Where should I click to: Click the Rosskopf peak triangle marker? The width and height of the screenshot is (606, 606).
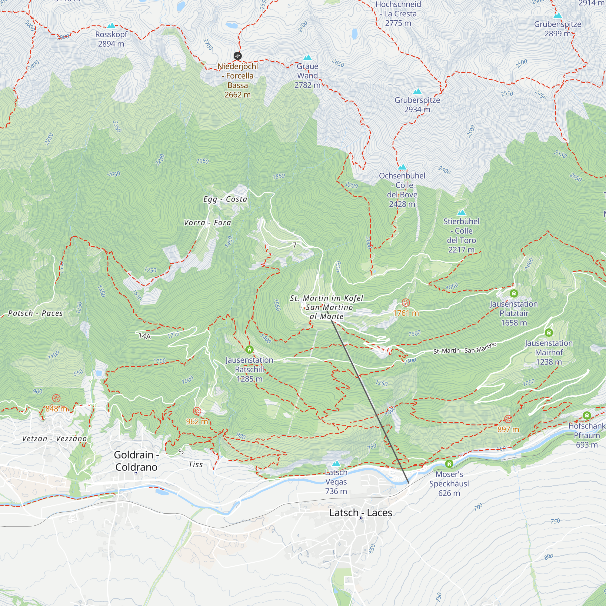tap(111, 26)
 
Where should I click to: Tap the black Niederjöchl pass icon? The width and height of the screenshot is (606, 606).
tap(238, 56)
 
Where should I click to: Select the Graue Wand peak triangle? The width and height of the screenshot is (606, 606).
tap(307, 57)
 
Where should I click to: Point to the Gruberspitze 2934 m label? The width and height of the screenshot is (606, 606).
tap(417, 105)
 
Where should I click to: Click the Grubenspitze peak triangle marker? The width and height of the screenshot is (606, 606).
tap(558, 15)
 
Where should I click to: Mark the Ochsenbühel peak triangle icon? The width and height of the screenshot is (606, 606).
tap(402, 167)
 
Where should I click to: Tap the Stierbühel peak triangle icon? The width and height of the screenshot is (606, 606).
tap(461, 213)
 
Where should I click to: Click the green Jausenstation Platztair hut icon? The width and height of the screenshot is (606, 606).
tap(514, 293)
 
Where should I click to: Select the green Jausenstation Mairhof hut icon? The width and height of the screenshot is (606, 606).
tap(549, 332)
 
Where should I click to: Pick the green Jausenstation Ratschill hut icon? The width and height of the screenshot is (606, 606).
tap(249, 349)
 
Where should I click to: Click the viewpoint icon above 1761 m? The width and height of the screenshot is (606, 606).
tap(406, 303)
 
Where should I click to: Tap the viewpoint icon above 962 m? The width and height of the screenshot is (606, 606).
tap(197, 411)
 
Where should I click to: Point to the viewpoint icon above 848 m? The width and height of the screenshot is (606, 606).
tap(56, 398)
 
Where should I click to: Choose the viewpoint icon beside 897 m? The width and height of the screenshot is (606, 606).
tap(508, 419)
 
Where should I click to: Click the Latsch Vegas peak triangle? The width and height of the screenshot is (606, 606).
tap(336, 463)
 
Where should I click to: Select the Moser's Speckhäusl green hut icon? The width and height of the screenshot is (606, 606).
tap(449, 463)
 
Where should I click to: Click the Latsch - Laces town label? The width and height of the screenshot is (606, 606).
tap(360, 513)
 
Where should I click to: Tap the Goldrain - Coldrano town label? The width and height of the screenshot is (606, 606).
tap(136, 461)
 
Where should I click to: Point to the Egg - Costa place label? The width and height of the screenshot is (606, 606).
tap(225, 199)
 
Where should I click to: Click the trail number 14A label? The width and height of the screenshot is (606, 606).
tap(145, 336)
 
